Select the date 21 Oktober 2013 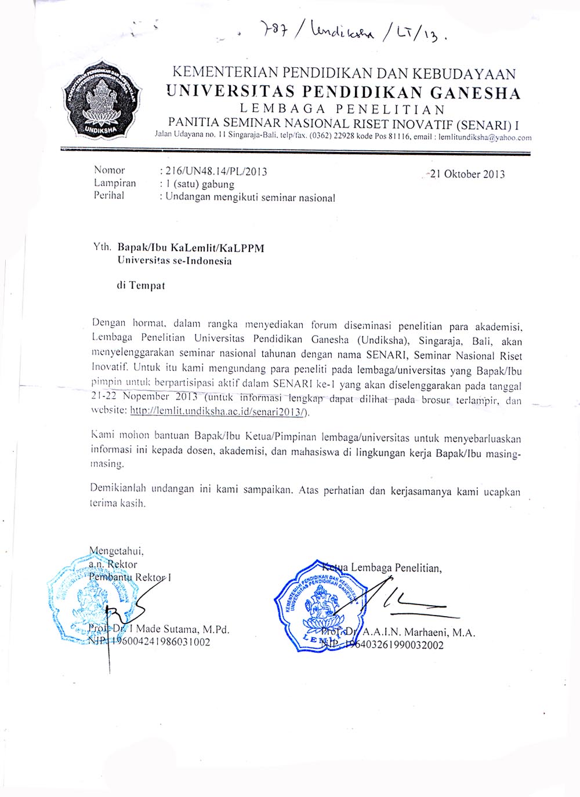tap(467, 174)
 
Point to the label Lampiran tap(115, 183)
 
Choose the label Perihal tap(109, 196)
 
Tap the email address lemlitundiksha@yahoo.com tap(485, 138)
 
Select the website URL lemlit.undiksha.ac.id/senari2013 tap(220, 412)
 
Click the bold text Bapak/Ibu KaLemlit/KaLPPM tap(191, 248)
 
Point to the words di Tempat tap(141, 285)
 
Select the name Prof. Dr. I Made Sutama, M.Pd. tap(159, 629)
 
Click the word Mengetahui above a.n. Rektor tap(117, 551)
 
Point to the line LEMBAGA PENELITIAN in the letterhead tap(343, 108)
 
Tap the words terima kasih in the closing tap(118, 504)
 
